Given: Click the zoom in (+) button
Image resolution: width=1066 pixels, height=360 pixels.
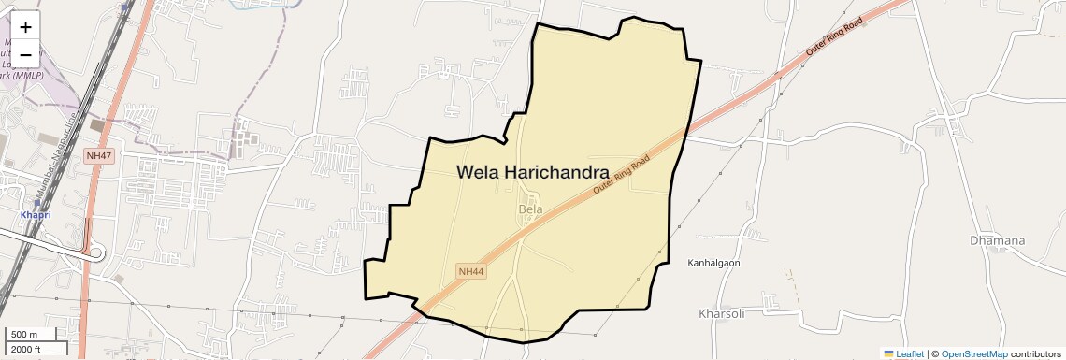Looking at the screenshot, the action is [x=25, y=27].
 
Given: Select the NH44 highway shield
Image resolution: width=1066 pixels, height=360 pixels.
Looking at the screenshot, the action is [x=471, y=271].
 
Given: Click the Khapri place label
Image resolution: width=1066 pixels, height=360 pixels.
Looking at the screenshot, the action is [x=36, y=215].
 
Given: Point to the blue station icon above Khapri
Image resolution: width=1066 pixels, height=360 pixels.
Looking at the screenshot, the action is [x=36, y=202].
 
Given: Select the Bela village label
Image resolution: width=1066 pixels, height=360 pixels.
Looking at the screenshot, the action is [x=530, y=209].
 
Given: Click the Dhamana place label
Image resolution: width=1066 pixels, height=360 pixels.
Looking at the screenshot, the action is [x=997, y=240].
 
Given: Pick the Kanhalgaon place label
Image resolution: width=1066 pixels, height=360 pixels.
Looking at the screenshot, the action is [x=713, y=263].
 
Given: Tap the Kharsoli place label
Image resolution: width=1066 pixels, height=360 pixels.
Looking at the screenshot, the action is [x=721, y=313].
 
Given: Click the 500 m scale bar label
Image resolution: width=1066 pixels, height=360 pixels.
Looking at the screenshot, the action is [x=24, y=335].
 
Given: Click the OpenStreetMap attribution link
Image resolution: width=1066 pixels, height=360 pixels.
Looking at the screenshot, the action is [x=974, y=354].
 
